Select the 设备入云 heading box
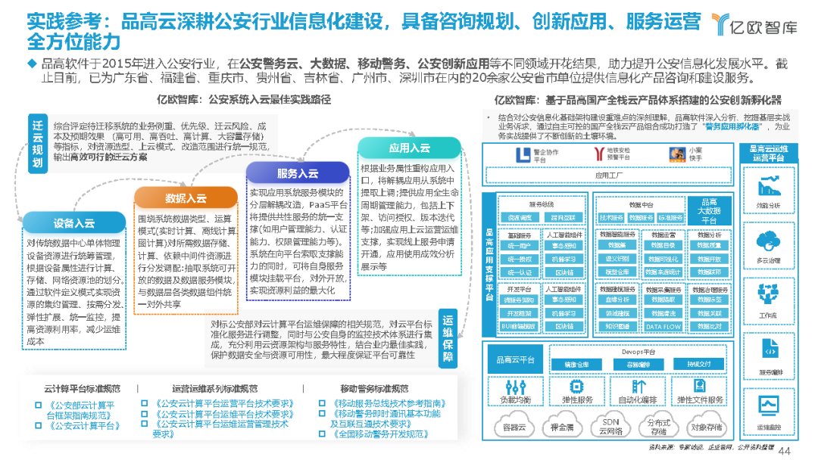[73, 223]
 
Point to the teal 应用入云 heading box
[409, 148]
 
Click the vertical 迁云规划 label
[38, 145]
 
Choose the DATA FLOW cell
[663, 327]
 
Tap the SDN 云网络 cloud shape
[611, 427]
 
